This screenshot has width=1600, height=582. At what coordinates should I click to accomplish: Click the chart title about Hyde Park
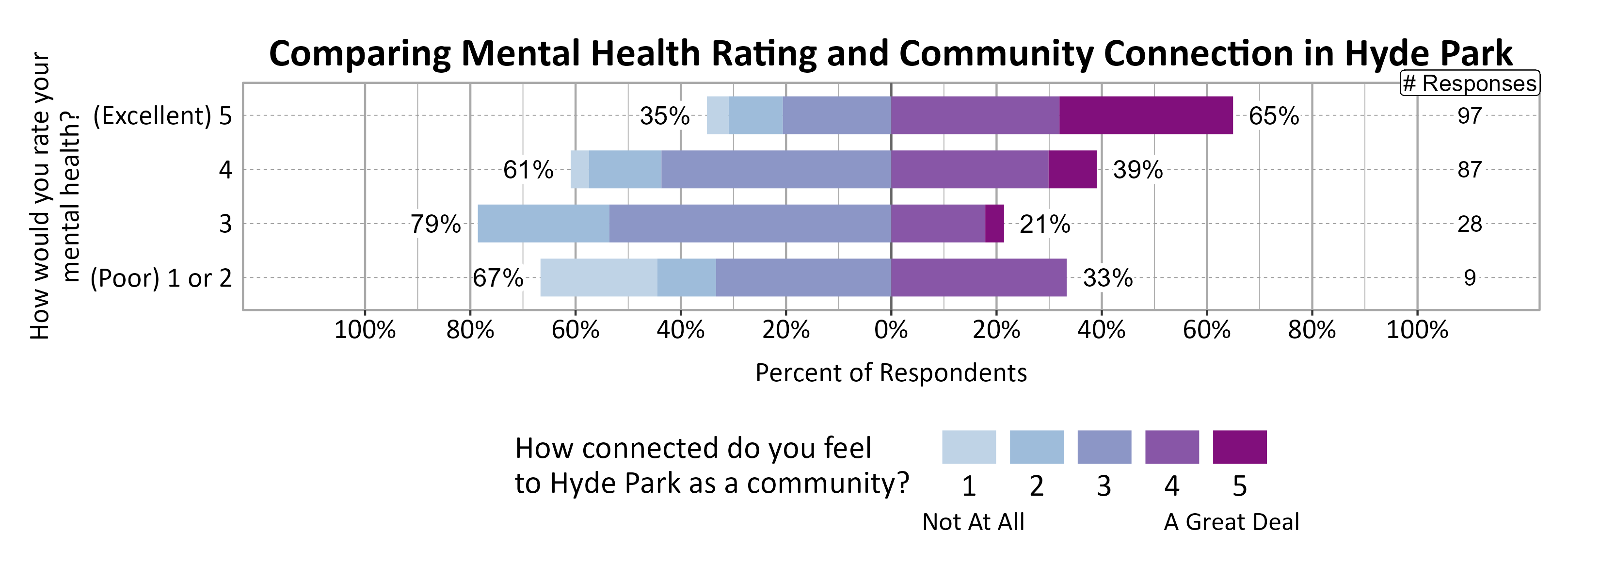pos(890,53)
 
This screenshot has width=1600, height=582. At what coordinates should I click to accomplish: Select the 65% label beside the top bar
pos(1273,116)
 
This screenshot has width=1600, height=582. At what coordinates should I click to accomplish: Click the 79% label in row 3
pos(435,224)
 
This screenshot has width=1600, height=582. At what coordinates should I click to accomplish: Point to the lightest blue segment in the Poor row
pos(598,277)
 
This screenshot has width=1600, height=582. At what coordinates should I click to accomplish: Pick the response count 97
pos(1469,116)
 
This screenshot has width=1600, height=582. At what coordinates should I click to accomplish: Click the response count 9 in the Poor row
pos(1469,277)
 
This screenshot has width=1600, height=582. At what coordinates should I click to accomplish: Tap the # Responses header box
pos(1469,83)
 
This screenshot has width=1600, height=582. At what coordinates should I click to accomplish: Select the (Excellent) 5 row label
pos(162,116)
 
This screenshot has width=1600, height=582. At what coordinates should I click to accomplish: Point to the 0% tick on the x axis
pos(891,330)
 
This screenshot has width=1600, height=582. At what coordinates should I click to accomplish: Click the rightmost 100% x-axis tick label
pos(1417,330)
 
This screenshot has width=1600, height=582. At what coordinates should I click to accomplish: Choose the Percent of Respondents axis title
pos(891,372)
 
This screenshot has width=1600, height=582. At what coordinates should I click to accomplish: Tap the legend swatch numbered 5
pos(1239,447)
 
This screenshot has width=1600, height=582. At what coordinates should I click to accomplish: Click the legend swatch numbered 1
pos(968,447)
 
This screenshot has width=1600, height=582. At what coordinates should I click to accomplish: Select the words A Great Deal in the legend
pos(1231,522)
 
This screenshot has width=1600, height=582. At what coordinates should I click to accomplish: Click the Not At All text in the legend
pos(973,522)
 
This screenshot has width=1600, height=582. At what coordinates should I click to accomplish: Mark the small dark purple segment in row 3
pos(994,224)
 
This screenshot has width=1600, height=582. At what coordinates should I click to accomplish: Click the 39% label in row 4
pos(1137,170)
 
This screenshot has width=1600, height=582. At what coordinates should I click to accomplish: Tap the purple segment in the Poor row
pos(978,277)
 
